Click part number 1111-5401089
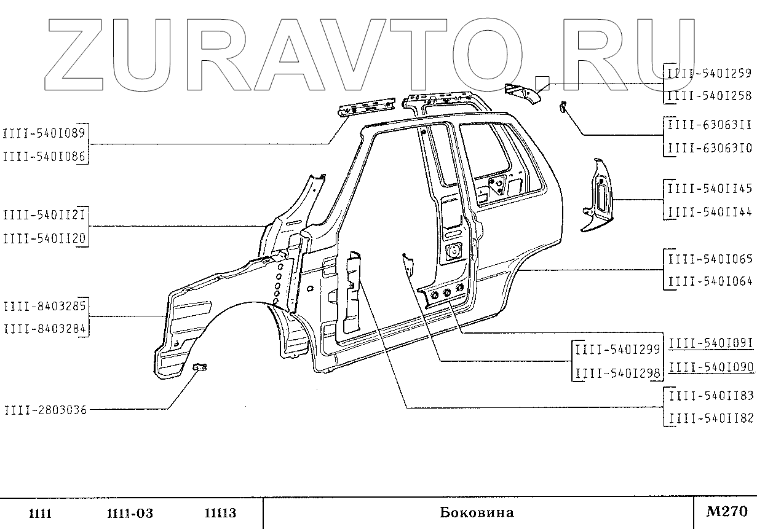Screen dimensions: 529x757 (x=45, y=132)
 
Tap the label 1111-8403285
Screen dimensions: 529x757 (x=45, y=305)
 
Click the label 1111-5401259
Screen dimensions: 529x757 (x=710, y=73)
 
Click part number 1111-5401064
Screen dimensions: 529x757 (x=710, y=282)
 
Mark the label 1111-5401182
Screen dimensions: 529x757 (x=710, y=418)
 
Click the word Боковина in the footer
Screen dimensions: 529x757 (x=477, y=512)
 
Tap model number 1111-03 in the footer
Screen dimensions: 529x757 (x=129, y=513)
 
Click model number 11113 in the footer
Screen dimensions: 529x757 (x=220, y=513)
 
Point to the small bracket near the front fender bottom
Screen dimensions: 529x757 (x=200, y=367)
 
